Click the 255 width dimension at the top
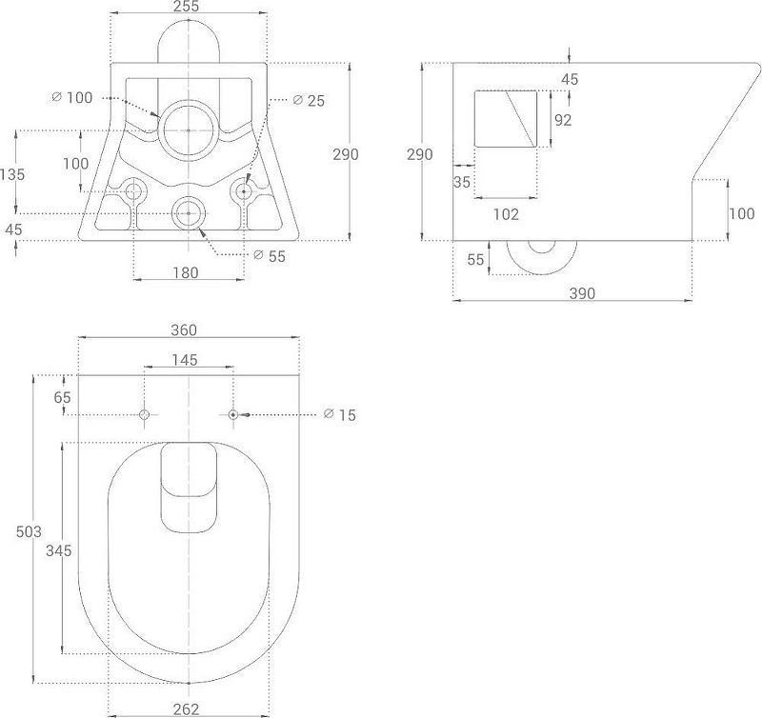(x=188, y=8)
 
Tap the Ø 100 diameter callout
(x=74, y=97)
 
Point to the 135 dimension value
(x=13, y=174)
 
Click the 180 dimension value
(x=186, y=273)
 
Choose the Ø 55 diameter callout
(x=270, y=255)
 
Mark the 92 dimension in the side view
(x=563, y=120)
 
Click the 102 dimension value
(x=506, y=215)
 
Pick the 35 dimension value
(x=463, y=182)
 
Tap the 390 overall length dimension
(x=582, y=293)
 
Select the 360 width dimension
(x=184, y=330)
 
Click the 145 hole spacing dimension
(x=185, y=359)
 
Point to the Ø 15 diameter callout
(x=339, y=415)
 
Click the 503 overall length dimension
(x=29, y=531)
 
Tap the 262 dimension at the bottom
(x=186, y=708)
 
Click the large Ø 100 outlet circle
(x=188, y=130)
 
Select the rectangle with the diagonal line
(x=506, y=119)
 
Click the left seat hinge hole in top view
(x=145, y=414)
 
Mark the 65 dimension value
(x=63, y=396)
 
